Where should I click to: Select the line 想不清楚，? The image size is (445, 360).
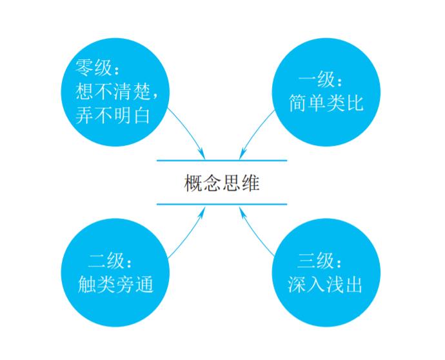117,91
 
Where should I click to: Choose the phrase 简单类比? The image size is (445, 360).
326,103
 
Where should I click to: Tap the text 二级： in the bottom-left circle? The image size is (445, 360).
111,261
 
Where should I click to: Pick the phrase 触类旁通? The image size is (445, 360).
115,285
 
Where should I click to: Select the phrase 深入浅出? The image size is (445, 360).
326,285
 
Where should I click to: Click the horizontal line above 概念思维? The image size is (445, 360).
221,160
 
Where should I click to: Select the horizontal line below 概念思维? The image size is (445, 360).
221,204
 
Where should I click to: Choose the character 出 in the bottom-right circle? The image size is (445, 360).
354,285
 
